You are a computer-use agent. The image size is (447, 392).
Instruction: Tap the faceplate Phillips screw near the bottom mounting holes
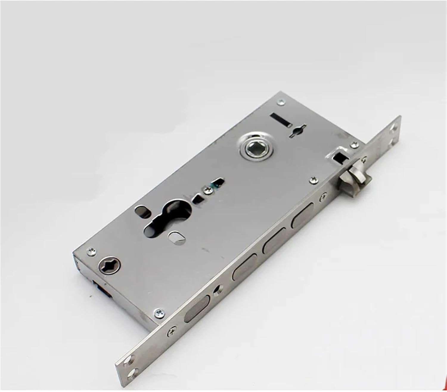pyautogui.click(x=172, y=330)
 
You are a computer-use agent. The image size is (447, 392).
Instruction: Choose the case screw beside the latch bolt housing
pyautogui.click(x=354, y=145)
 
